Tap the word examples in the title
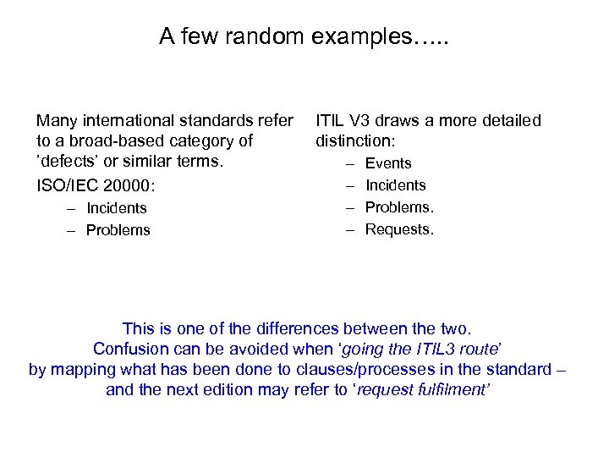[355, 37]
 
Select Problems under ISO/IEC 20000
[118, 230]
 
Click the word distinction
[355, 140]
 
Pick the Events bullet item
[388, 163]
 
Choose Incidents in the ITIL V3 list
[395, 185]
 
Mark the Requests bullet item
[399, 229]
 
